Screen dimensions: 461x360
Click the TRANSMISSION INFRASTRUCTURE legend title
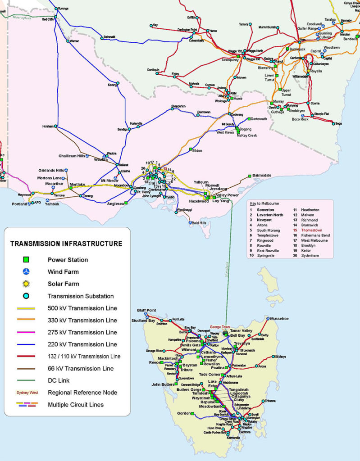tap(66, 244)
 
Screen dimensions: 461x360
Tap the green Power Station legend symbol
tap(27, 260)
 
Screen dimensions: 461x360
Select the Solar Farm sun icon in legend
tap(27, 284)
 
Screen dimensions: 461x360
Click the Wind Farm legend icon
tap(27, 272)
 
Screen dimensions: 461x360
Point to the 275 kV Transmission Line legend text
tap(82, 332)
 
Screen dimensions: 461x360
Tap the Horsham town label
tap(48, 126)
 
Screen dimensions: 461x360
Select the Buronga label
tap(63, 9)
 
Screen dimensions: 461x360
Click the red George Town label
tap(220, 327)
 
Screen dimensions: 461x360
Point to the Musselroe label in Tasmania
tap(281, 318)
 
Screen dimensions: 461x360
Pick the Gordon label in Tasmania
tap(184, 413)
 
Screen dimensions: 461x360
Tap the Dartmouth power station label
tap(259, 119)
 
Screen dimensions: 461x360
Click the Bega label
tap(338, 123)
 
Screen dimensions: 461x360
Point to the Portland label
tap(19, 204)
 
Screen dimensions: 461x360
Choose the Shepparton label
tap(178, 106)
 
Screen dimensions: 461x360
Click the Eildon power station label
tap(197, 150)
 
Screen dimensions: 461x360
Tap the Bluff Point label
tap(146, 310)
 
